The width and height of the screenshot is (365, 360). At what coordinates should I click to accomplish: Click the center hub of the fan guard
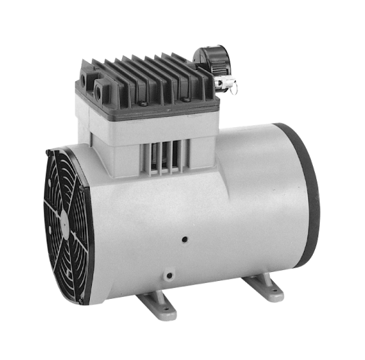tap(63, 219)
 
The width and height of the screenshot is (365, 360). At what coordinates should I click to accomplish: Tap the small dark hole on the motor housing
tap(184, 240)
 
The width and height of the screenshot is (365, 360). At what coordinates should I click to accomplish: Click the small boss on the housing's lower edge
tap(166, 275)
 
